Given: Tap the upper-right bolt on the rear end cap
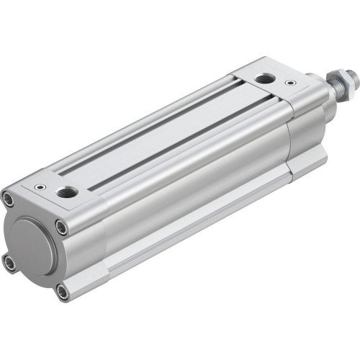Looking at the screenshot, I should point(63,228).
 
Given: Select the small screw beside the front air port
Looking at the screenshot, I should point(289,84).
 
